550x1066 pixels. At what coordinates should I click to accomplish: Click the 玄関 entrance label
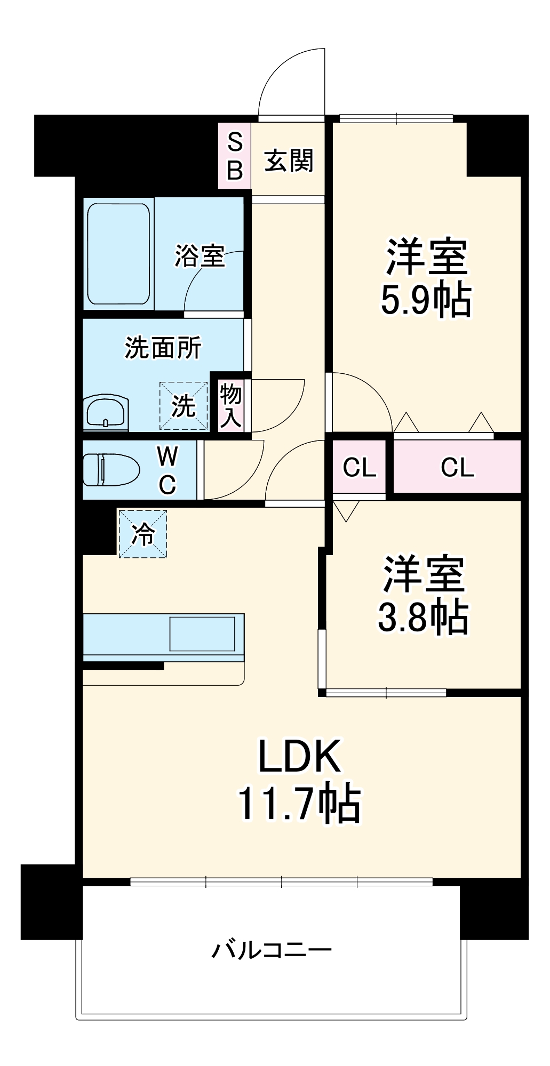[289, 161]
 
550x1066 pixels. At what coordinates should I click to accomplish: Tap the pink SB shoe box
[235, 156]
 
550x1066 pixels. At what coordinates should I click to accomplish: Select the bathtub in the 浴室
[118, 254]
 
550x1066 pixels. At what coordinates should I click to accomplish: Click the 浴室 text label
[199, 256]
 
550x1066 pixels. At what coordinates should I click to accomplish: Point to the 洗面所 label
[163, 348]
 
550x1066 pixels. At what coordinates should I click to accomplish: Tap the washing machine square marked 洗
[184, 406]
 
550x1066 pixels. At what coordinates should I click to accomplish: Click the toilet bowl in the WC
[110, 470]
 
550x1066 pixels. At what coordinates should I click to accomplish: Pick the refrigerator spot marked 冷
[142, 534]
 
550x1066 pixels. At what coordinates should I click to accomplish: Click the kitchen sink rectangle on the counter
[202, 634]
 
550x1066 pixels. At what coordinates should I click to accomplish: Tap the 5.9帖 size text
[425, 300]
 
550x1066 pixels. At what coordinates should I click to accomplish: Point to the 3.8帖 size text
[423, 618]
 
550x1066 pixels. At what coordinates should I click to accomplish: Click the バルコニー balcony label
[272, 950]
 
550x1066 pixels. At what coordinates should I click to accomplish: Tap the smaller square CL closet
[359, 468]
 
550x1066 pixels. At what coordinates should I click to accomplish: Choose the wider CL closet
[457, 467]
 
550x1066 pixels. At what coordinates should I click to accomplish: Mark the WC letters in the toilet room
[168, 470]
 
